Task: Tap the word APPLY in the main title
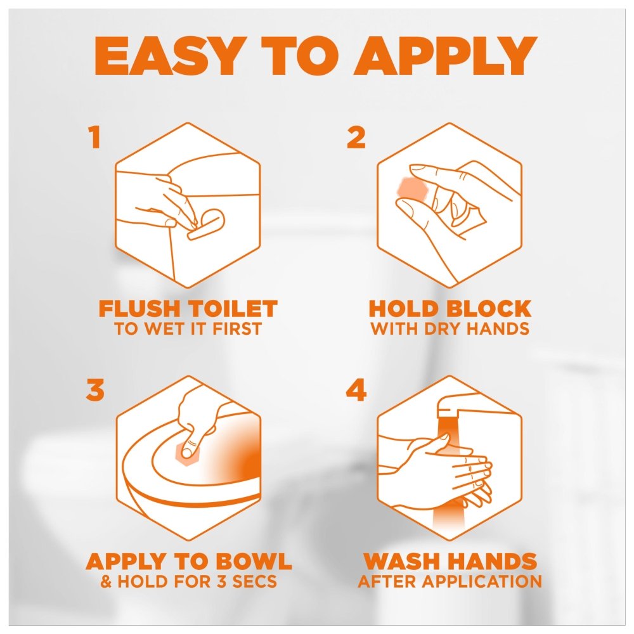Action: pos(446,56)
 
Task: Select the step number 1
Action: pos(94,138)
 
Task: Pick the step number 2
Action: pos(356,138)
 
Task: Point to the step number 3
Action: pos(95,390)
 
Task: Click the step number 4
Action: pos(356,390)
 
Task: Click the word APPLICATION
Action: pos(483,581)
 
